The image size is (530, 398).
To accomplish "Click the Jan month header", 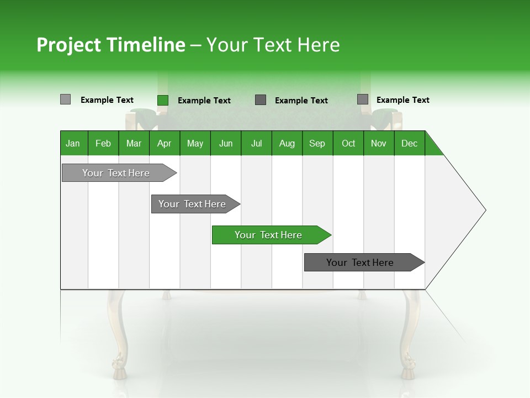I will [73, 143].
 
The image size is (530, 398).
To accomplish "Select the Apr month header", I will [165, 143].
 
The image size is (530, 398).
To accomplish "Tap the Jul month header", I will [256, 143].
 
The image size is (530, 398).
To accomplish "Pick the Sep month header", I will [317, 143].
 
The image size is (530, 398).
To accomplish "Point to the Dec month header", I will [409, 143].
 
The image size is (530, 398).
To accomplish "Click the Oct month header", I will [348, 143].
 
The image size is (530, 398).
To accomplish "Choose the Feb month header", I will [103, 143].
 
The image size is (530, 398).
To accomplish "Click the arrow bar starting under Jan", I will [116, 173].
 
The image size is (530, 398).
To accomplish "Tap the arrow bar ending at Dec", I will [361, 263].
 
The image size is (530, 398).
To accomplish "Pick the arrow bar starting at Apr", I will [193, 204].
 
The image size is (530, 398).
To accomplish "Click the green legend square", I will [163, 100].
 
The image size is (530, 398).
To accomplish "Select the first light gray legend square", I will [65, 99].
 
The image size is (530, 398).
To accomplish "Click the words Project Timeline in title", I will [110, 45].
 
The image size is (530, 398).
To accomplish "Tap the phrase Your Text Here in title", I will [273, 45].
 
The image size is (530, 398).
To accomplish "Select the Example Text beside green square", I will [204, 101].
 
